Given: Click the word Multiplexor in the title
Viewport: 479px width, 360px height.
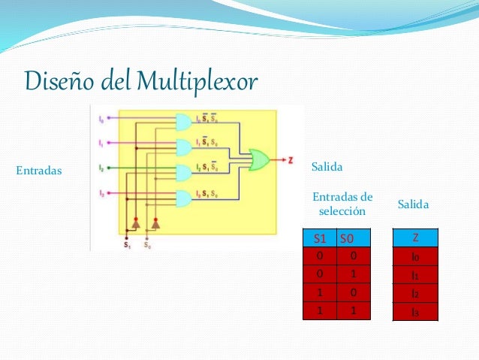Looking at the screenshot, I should [x=197, y=79].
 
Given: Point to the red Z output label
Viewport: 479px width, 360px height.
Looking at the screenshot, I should [x=291, y=159].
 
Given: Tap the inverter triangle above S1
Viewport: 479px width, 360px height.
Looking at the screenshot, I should [x=136, y=222].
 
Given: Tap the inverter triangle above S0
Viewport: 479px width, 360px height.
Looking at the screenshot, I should [x=156, y=222].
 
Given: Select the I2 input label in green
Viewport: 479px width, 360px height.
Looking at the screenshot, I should [x=101, y=168].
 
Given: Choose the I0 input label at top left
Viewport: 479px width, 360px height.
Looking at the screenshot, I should [x=101, y=119].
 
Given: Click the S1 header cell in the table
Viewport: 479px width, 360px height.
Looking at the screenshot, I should [x=319, y=239].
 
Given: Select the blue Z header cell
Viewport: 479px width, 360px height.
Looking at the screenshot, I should [x=415, y=238].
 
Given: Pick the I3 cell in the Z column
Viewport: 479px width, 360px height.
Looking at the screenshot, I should [x=415, y=311].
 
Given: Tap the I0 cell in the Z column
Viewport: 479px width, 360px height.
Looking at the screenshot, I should [x=415, y=257].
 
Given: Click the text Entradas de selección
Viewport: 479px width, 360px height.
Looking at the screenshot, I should [x=342, y=203].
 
